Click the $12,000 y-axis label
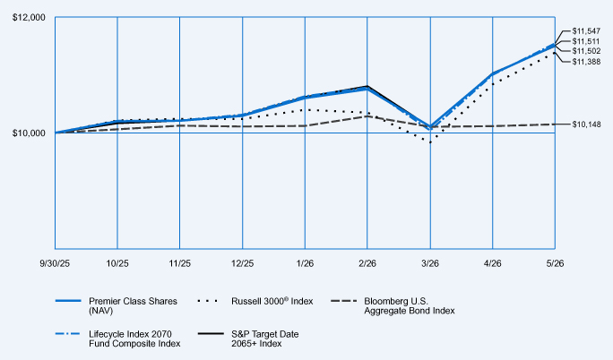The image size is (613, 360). [x=29, y=18]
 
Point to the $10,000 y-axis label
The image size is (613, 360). [x=29, y=133]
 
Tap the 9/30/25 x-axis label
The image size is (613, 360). [x=55, y=263]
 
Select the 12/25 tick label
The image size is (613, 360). [x=242, y=263]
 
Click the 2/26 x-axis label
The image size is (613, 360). [x=367, y=263]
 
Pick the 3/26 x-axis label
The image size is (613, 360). [x=430, y=263]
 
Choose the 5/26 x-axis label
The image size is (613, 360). [x=555, y=263]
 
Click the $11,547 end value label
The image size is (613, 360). [x=586, y=30]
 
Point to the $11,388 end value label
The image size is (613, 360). [x=586, y=62]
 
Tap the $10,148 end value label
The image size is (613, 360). [x=586, y=124]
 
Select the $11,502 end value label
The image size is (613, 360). [x=586, y=51]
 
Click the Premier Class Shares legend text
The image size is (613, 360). [x=133, y=306]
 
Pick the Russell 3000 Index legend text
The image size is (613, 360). [x=272, y=301]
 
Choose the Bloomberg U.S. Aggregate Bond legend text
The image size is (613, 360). [x=410, y=306]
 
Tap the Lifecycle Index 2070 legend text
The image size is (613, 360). [x=134, y=339]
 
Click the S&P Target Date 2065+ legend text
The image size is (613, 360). [x=264, y=339]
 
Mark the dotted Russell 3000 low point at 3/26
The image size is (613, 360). [x=430, y=142]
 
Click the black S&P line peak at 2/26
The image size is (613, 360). [x=367, y=86]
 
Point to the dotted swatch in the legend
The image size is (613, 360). [x=207, y=301]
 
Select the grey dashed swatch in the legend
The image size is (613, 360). [x=344, y=301]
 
